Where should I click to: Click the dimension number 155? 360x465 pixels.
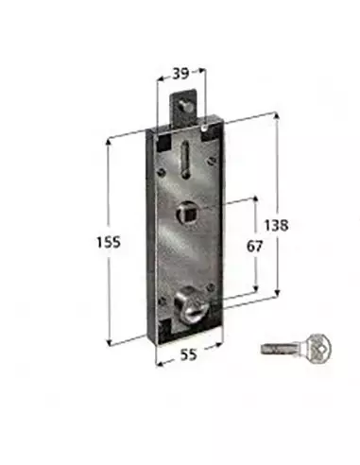(x=110, y=243)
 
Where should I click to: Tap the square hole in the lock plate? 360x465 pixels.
(x=187, y=209)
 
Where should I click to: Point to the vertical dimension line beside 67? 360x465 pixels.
(x=256, y=217)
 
